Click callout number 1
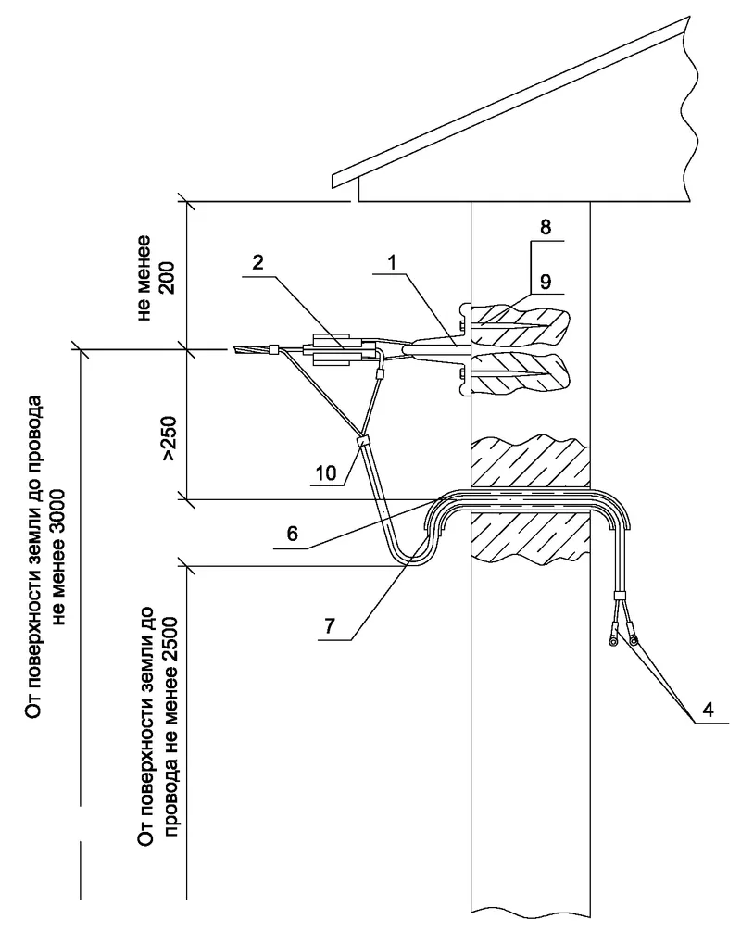(x=392, y=262)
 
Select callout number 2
(x=257, y=262)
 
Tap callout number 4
(x=708, y=710)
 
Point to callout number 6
(x=292, y=534)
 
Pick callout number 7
(x=330, y=626)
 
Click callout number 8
(x=546, y=227)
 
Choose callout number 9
(x=546, y=281)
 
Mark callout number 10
(x=326, y=472)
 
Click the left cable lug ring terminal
(x=613, y=643)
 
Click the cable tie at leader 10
(x=362, y=441)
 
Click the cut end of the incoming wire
(x=234, y=349)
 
